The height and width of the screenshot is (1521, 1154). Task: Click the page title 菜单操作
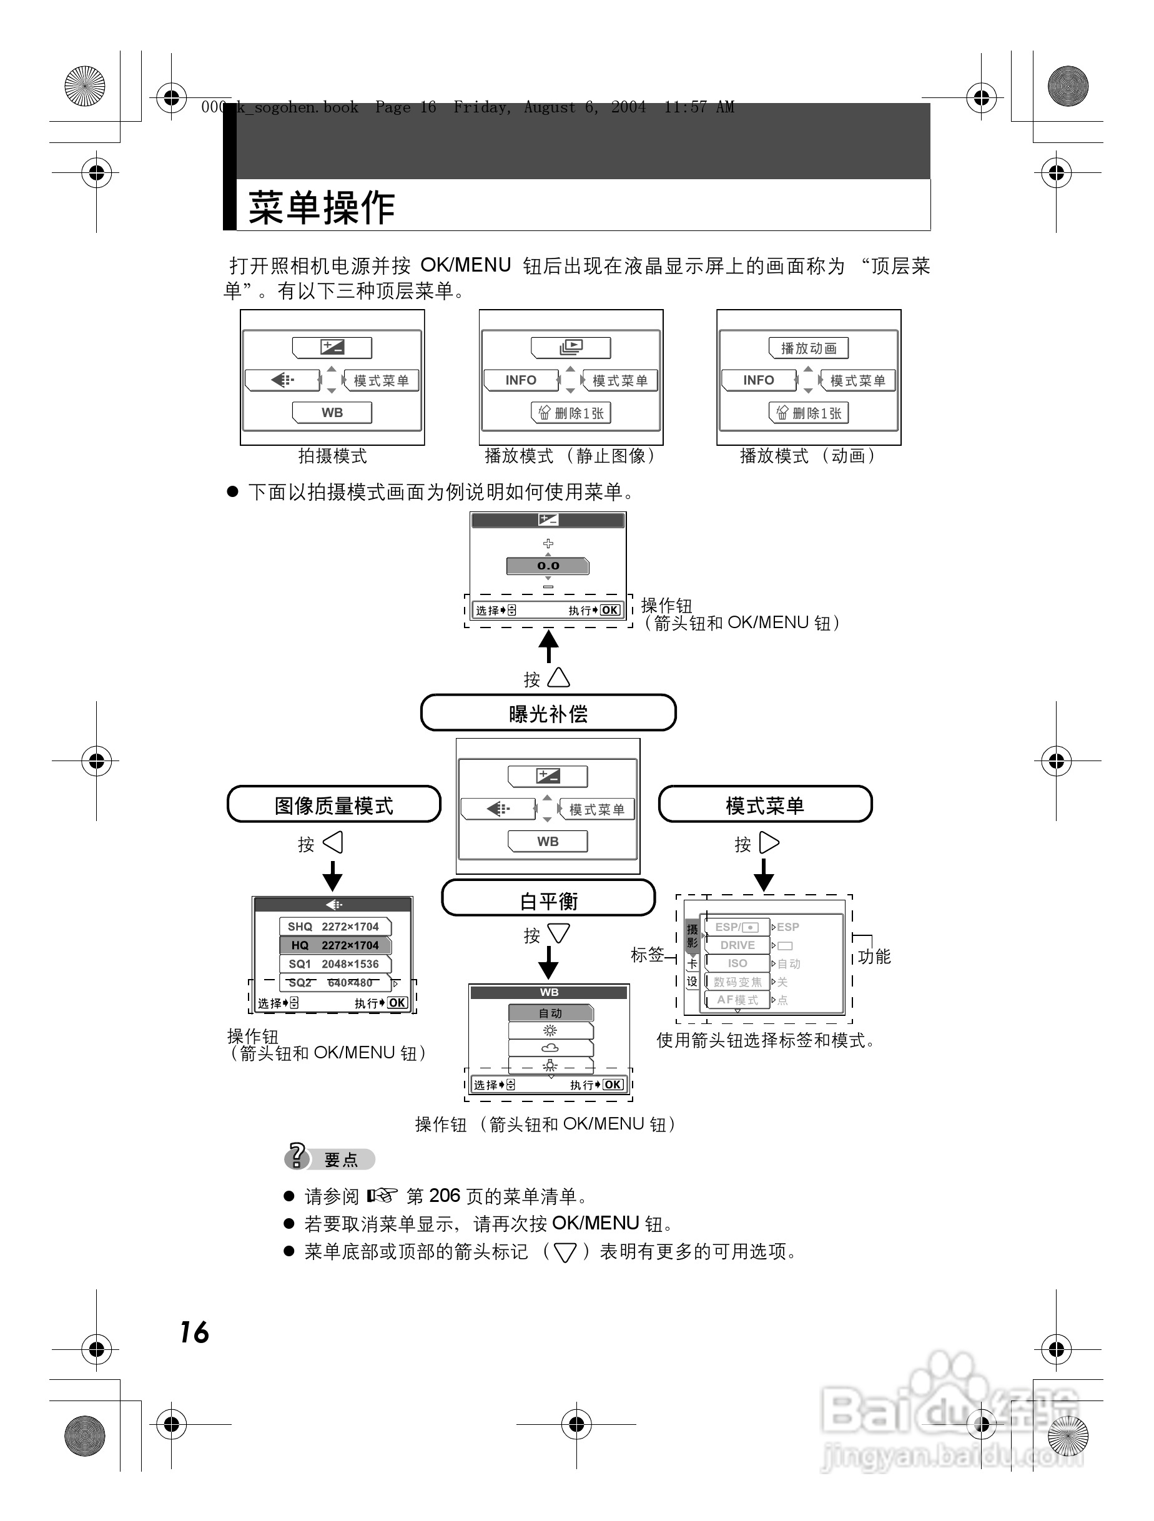point(322,208)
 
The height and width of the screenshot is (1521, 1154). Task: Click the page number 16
point(194,1332)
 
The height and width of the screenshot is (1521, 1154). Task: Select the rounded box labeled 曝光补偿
point(548,713)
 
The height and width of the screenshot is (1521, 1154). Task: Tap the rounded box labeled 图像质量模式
point(333,804)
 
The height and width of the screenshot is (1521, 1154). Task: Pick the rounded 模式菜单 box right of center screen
point(765,804)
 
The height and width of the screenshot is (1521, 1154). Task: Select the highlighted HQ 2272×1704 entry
point(334,945)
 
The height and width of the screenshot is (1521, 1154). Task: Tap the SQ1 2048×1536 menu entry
point(334,964)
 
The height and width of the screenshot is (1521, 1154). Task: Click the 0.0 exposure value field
point(548,566)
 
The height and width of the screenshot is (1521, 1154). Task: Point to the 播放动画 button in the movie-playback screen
point(808,348)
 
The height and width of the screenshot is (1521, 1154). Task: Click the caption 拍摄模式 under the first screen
point(332,456)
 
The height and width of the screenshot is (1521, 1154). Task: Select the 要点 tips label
point(341,1160)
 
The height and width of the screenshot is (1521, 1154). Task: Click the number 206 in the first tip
point(444,1196)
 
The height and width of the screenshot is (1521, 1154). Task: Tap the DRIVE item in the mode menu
point(737,945)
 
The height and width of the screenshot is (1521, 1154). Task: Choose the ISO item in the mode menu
point(737,963)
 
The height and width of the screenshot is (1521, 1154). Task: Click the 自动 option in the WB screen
point(550,1013)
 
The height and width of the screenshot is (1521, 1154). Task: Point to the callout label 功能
point(874,957)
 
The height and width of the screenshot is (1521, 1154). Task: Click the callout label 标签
point(647,955)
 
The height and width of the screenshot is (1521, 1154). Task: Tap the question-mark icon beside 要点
point(297,1156)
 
